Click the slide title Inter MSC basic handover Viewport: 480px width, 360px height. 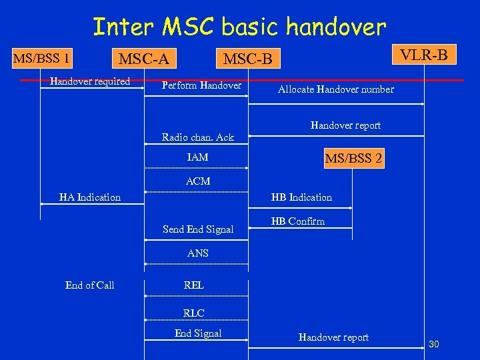[239, 27]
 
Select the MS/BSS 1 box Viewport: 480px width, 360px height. [43, 58]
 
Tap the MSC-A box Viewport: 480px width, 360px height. [143, 59]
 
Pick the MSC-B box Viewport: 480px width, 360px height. [248, 59]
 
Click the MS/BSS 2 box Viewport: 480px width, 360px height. [353, 158]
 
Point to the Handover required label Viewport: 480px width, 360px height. [90, 82]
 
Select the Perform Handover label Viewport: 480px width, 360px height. [202, 85]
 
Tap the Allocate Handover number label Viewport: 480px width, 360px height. [336, 89]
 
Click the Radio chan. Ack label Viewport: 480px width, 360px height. [198, 137]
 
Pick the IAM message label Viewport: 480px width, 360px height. [198, 157]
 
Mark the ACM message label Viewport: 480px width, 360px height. [198, 181]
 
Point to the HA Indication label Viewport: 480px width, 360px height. [90, 197]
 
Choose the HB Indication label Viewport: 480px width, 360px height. [301, 197]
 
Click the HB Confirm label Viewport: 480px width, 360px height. [297, 221]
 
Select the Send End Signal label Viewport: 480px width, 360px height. [198, 229]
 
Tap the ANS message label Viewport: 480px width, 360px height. [198, 253]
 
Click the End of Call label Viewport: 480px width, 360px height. [90, 285]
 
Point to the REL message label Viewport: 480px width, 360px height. [194, 285]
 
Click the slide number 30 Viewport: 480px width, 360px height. [434, 344]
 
